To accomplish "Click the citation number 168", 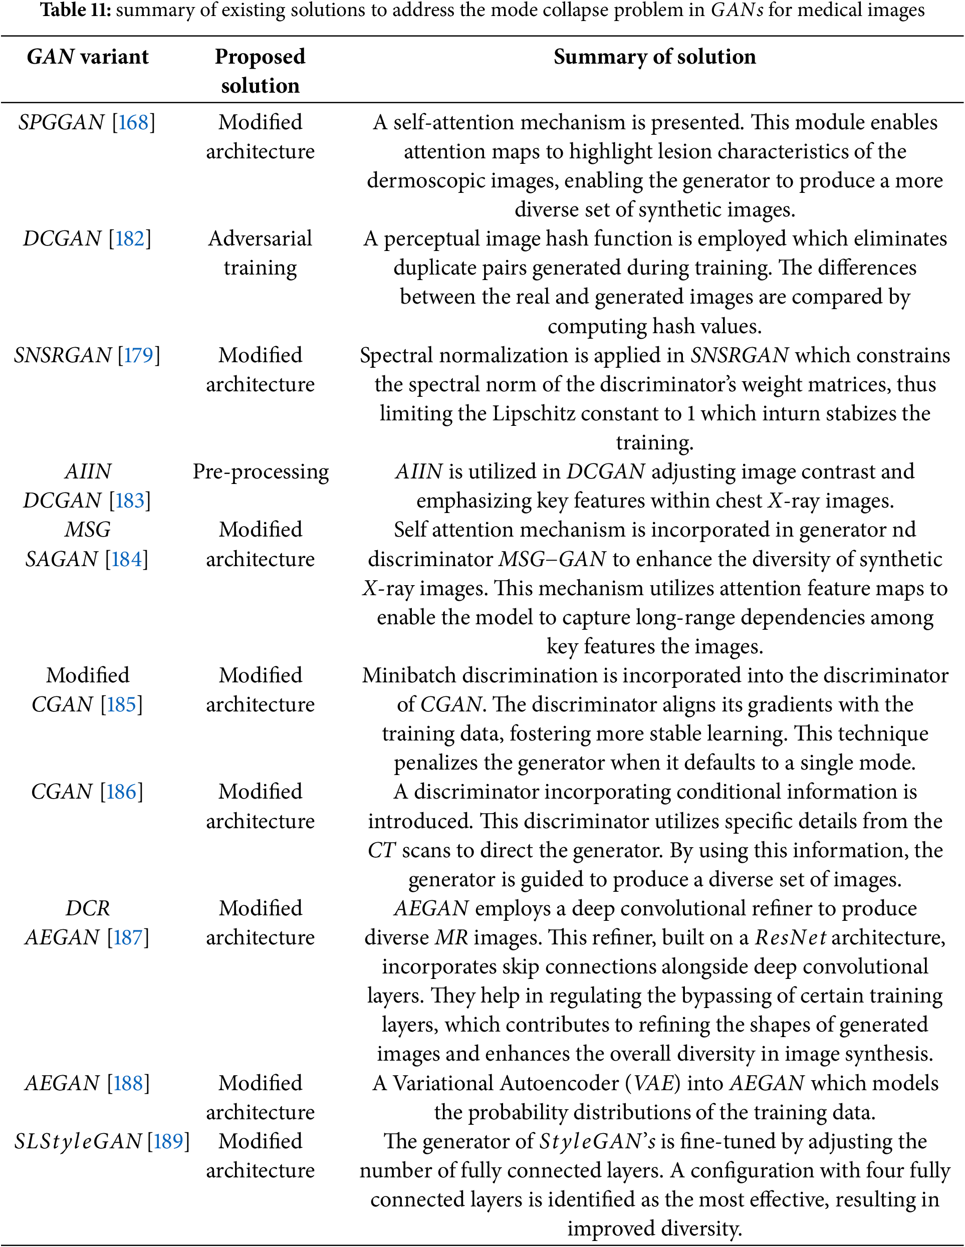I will click(x=133, y=122).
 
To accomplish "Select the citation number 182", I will click(x=130, y=238).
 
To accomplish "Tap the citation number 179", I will click(x=139, y=355).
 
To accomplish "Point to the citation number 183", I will click(x=130, y=501).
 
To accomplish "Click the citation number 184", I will click(x=126, y=559).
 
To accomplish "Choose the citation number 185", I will click(x=121, y=704).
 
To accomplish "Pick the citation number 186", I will click(x=121, y=792).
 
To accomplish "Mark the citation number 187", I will click(x=128, y=937).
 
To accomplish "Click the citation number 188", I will click(x=128, y=1083).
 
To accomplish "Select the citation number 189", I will click(x=168, y=1141).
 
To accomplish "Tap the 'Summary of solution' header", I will click(x=654, y=57).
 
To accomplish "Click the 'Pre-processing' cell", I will click(x=261, y=471).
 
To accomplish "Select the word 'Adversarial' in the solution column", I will click(x=261, y=238).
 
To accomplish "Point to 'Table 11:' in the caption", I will click(x=75, y=11).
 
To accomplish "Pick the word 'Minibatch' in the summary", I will click(x=409, y=675).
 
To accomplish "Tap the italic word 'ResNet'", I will click(x=790, y=937).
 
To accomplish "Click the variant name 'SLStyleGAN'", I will click(x=78, y=1141).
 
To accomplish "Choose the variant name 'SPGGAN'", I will click(x=62, y=122).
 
